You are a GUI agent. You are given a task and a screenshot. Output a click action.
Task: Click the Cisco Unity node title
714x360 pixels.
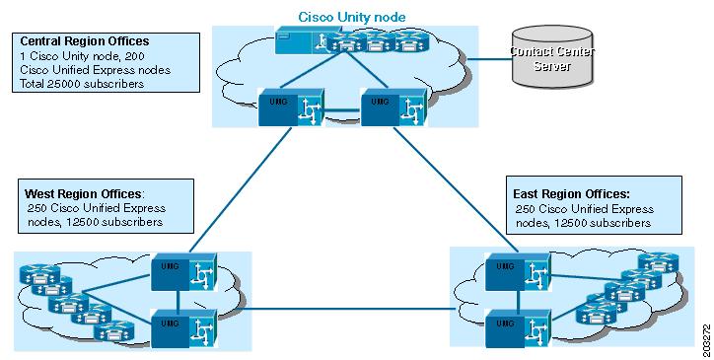point(351,17)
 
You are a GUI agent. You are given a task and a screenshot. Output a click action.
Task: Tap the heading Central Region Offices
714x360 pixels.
point(85,41)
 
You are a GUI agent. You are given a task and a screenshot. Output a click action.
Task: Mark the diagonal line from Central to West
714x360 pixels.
point(237,192)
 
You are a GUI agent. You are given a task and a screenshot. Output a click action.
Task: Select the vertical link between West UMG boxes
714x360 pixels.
point(178,297)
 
